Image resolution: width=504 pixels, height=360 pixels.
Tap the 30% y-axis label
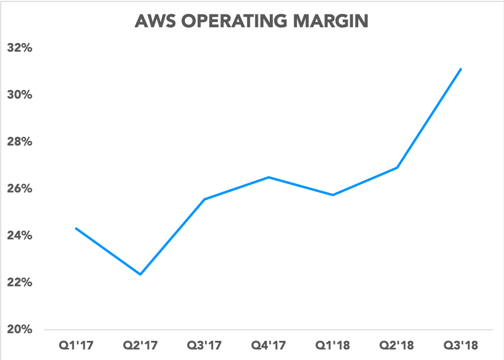(19, 95)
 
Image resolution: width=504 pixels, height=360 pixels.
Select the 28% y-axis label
(19, 142)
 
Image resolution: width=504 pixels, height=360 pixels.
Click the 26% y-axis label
(19, 189)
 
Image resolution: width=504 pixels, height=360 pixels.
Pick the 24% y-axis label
(19, 236)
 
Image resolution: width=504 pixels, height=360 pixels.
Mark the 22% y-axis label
(19, 282)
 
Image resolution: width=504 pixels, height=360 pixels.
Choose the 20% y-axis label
(19, 329)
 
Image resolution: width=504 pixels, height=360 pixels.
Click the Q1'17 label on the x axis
(76, 345)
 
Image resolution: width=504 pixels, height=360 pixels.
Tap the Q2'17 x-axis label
(140, 345)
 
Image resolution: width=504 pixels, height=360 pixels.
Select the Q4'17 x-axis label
(269, 345)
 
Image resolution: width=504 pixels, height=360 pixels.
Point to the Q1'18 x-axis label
(333, 345)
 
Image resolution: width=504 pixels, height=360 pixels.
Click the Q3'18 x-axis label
(461, 345)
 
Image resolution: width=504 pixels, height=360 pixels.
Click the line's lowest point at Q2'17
(140, 274)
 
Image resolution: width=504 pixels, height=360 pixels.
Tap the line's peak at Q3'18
(461, 69)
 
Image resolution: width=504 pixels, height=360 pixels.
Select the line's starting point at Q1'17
(76, 228)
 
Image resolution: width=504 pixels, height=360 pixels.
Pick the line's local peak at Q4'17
(269, 177)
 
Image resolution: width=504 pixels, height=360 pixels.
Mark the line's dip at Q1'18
(333, 195)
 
